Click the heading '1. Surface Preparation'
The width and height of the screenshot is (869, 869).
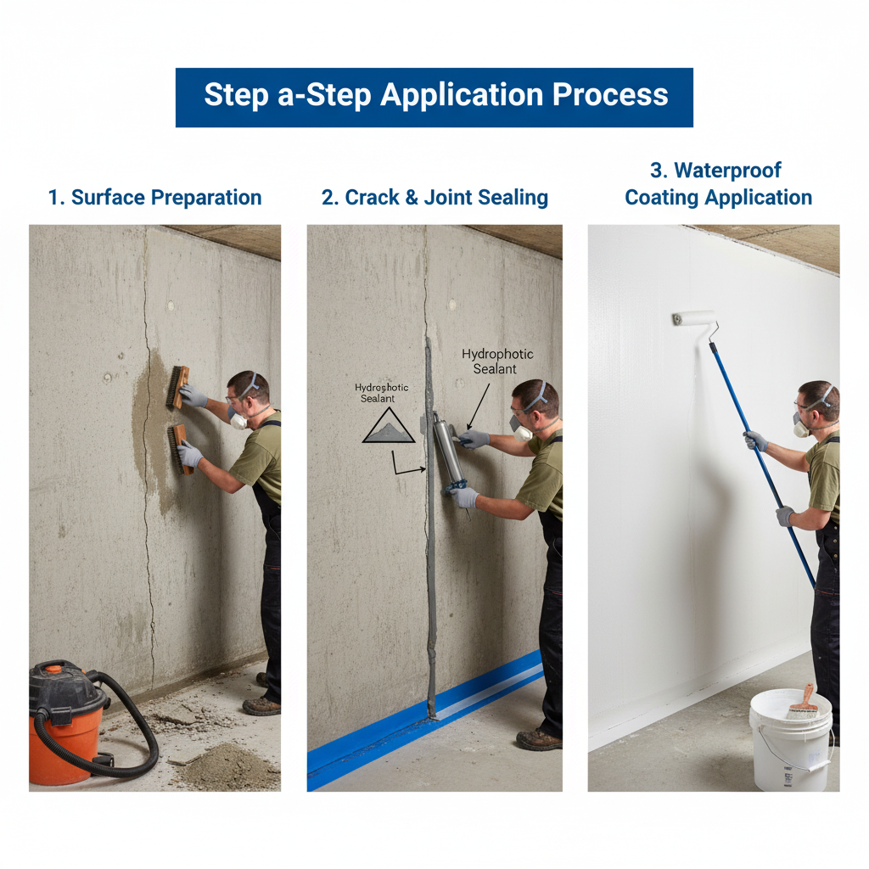click(154, 197)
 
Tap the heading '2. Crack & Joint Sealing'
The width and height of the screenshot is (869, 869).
click(434, 197)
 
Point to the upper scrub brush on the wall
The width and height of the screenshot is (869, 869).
click(178, 387)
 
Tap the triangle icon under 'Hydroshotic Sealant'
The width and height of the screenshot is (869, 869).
click(389, 425)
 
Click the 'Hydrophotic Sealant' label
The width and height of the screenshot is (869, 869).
click(496, 362)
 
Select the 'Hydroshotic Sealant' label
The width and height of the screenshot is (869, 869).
click(381, 393)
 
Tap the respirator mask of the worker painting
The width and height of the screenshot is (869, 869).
click(800, 426)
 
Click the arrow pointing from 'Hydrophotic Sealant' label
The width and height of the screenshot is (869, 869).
click(479, 406)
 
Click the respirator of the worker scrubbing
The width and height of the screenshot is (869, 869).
click(238, 421)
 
